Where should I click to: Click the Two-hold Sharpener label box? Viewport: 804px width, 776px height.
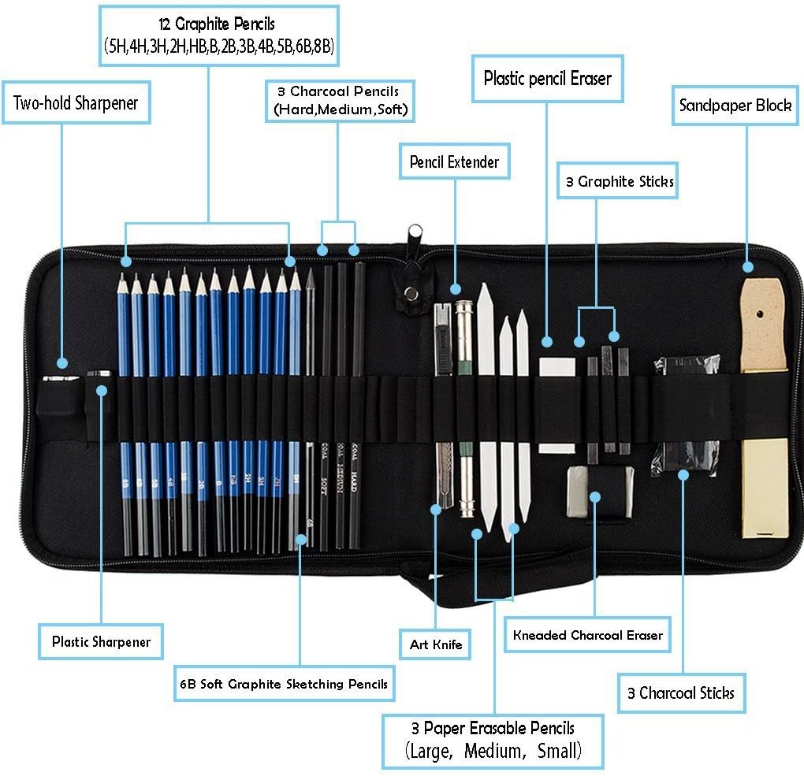(x=76, y=102)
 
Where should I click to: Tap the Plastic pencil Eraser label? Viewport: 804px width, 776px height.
(x=547, y=78)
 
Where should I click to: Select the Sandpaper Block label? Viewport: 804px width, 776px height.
(x=735, y=106)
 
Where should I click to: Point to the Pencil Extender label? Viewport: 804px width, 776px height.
(x=454, y=162)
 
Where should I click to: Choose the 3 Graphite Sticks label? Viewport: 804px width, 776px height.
(x=620, y=182)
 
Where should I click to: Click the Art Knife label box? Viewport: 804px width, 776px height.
(x=435, y=644)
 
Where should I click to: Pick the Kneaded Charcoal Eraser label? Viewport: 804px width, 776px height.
(x=587, y=634)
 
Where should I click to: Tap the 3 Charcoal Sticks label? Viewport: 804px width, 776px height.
(x=681, y=693)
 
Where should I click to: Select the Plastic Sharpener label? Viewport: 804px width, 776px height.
(x=101, y=641)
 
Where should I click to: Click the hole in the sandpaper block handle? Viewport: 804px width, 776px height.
(x=762, y=314)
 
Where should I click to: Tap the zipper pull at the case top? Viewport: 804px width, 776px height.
(x=415, y=235)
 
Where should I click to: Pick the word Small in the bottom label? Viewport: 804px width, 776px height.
(x=559, y=751)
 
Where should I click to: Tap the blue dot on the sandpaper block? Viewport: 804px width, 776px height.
(x=747, y=268)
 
